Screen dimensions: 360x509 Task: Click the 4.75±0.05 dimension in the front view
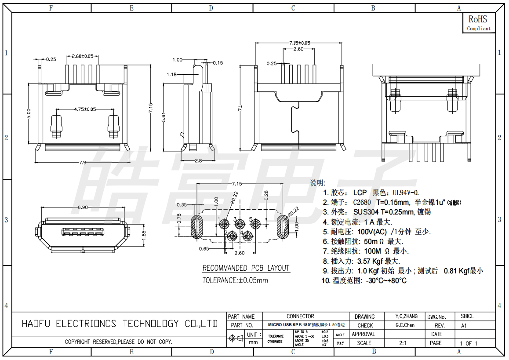pyautogui.click(x=85, y=109)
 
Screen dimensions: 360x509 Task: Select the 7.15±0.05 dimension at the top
pyautogui.click(x=299, y=43)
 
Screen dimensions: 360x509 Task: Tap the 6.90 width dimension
pyautogui.click(x=82, y=207)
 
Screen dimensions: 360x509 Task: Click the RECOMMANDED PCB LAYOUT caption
pyautogui.click(x=246, y=268)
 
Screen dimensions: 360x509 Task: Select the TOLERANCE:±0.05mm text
pyautogui.click(x=235, y=280)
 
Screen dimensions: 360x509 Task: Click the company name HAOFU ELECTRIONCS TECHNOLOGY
pyautogui.click(x=120, y=324)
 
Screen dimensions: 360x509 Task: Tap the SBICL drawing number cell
pyautogui.click(x=467, y=316)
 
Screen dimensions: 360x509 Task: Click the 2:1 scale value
pyautogui.click(x=403, y=343)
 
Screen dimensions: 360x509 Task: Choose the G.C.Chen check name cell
pyautogui.click(x=405, y=325)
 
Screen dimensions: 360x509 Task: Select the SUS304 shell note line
pyautogui.click(x=377, y=212)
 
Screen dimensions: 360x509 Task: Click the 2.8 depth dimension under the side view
pyautogui.click(x=198, y=161)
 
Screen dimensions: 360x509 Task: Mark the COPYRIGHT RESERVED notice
pyautogui.click(x=118, y=342)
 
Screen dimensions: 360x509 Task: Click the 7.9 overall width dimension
pyautogui.click(x=82, y=163)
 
